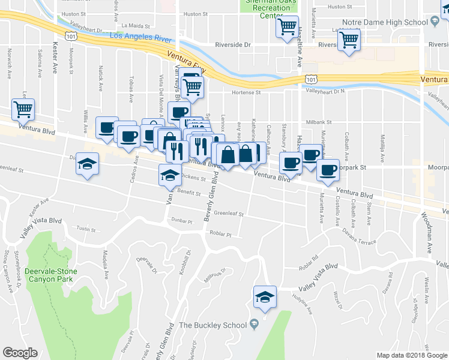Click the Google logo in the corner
(20, 353)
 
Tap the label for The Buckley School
(213, 325)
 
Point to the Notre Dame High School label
(384, 22)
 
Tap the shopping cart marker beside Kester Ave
(23, 109)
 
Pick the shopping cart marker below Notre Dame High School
(349, 41)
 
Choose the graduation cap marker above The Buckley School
(265, 296)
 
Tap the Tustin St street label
(86, 229)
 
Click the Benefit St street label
(188, 192)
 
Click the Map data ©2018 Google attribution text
(411, 355)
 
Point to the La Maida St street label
(134, 26)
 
